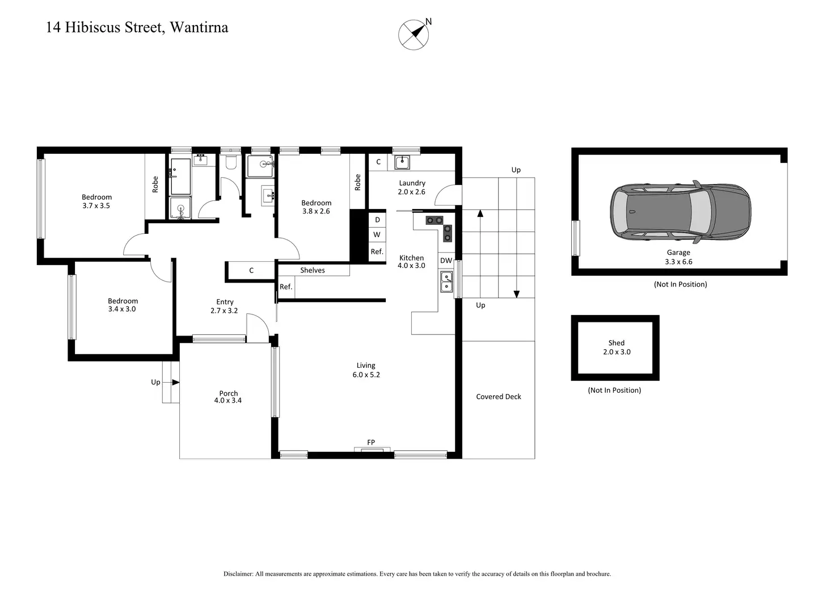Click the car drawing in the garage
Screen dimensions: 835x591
pyautogui.click(x=680, y=212)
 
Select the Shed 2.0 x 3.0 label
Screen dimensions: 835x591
pyautogui.click(x=617, y=347)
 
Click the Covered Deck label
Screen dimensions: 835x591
pyautogui.click(x=499, y=397)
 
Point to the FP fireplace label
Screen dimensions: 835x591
pyautogui.click(x=371, y=442)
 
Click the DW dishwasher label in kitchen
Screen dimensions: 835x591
pyautogui.click(x=446, y=261)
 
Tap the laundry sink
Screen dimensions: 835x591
pyautogui.click(x=402, y=162)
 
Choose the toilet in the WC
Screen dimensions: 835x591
pyautogui.click(x=231, y=162)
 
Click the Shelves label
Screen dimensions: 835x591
pyautogui.click(x=313, y=270)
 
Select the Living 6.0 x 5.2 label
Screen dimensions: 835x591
pyautogui.click(x=366, y=370)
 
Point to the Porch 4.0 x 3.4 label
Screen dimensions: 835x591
pyautogui.click(x=228, y=397)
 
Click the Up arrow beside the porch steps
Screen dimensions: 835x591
pyautogui.click(x=176, y=382)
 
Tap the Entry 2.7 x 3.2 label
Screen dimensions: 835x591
pyautogui.click(x=225, y=306)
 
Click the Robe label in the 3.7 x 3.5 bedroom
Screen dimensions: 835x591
pyautogui.click(x=155, y=185)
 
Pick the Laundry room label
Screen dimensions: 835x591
pyautogui.click(x=412, y=187)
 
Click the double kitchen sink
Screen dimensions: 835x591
pyautogui.click(x=446, y=282)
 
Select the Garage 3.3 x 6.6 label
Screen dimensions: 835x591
pyautogui.click(x=678, y=257)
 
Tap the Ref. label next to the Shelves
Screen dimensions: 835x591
pyautogui.click(x=286, y=287)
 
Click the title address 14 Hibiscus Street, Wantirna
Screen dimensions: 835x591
pyautogui.click(x=137, y=28)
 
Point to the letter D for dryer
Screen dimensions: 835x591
pyautogui.click(x=377, y=220)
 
